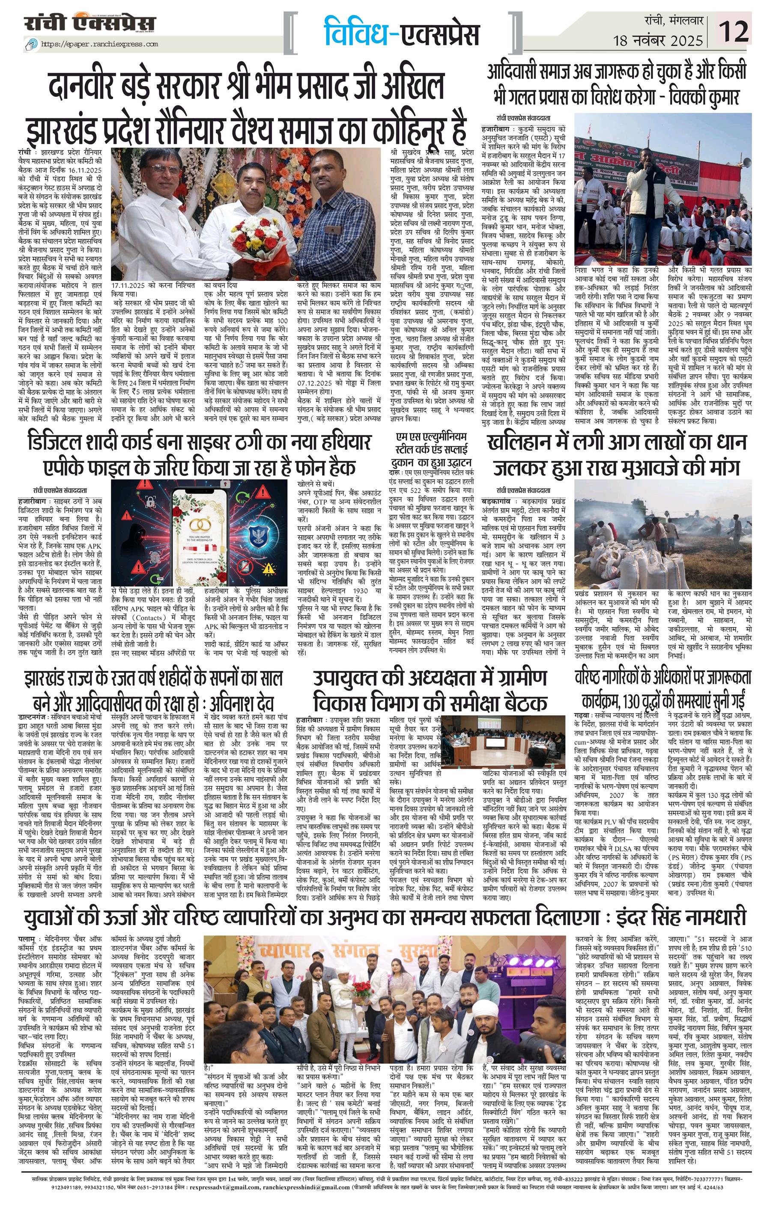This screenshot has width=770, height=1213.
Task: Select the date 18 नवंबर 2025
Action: click(658, 39)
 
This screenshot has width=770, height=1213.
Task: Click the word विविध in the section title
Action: click(355, 31)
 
